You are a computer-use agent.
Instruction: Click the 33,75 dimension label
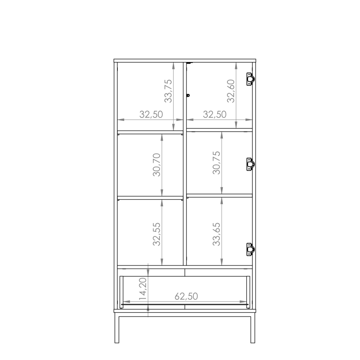(x=168, y=91)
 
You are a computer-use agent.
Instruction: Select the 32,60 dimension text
(x=231, y=91)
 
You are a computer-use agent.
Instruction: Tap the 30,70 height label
(x=157, y=165)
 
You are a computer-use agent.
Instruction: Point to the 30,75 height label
(x=216, y=163)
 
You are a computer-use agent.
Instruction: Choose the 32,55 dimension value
(x=157, y=234)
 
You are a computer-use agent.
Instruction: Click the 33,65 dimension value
(x=216, y=234)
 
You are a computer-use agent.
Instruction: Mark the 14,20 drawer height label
(x=143, y=289)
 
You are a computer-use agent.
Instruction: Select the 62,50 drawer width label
(x=186, y=296)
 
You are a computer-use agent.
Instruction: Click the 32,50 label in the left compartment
(x=151, y=114)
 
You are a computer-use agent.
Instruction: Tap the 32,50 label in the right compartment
(x=215, y=114)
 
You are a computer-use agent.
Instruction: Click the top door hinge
(x=251, y=79)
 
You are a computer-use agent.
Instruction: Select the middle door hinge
(x=251, y=164)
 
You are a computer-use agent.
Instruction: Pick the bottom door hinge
(x=251, y=249)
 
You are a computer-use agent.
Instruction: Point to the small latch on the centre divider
(x=188, y=95)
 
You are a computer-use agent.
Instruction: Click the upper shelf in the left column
(x=150, y=132)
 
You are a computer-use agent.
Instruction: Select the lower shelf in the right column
(x=220, y=195)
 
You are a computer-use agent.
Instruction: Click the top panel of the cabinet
(x=185, y=60)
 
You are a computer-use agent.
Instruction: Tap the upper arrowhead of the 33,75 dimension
(x=174, y=66)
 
